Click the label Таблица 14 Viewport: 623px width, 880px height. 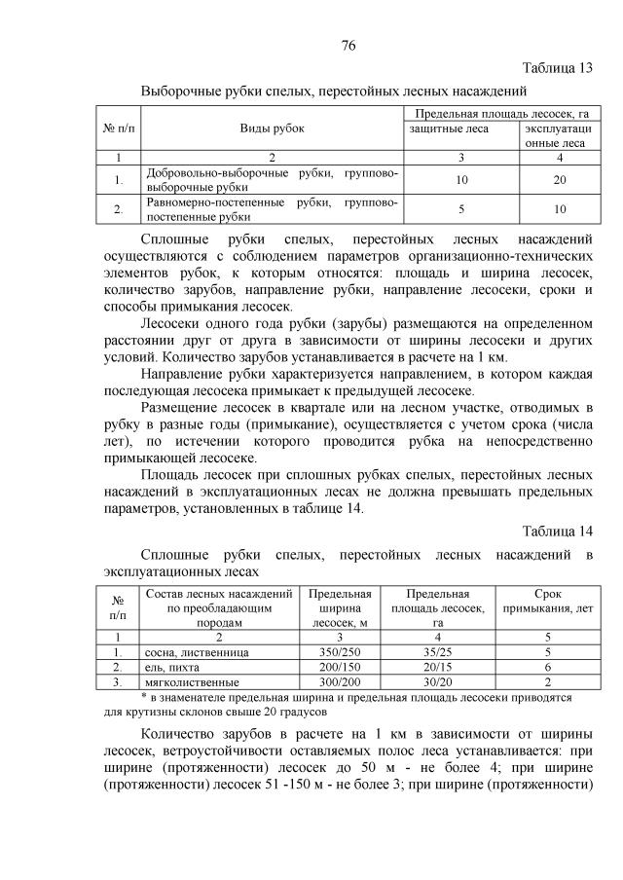point(557,531)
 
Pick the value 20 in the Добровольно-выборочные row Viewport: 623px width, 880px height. point(560,180)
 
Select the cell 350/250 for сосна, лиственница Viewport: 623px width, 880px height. point(337,651)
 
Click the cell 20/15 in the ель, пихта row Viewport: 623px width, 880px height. point(438,667)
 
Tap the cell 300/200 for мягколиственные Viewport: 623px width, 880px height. point(337,682)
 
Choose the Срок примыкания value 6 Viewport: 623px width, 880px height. point(549,667)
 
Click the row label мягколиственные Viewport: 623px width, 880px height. point(186,682)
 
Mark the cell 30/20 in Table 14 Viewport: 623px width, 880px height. point(438,682)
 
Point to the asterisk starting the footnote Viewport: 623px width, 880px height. point(143,697)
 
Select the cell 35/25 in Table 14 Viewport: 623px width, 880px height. point(438,651)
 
